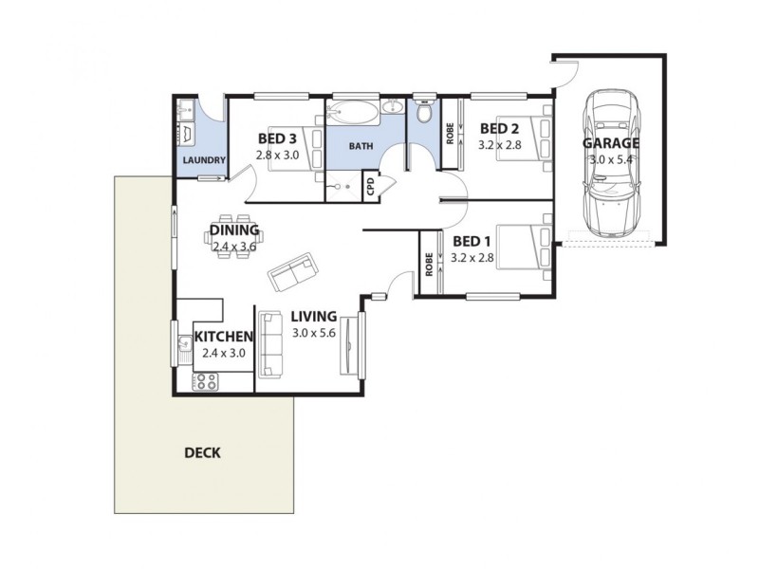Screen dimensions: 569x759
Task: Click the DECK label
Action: pos(202,453)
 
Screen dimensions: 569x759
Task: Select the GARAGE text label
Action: pos(610,144)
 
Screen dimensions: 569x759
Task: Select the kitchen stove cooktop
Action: pos(205,382)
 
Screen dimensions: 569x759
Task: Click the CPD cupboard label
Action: pos(371,187)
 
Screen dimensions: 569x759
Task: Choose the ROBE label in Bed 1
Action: pos(430,263)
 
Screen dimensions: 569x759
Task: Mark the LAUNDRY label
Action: pos(203,160)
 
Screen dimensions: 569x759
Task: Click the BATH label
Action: pos(361,146)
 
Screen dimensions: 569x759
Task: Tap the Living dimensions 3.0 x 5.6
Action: pos(314,333)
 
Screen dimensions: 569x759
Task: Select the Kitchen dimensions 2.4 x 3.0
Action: pos(224,353)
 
